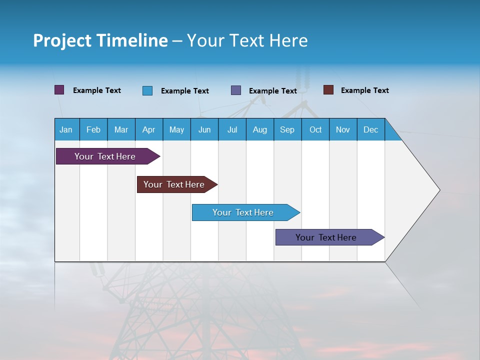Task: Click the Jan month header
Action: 66,129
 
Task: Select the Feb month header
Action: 93,129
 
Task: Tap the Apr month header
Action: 148,129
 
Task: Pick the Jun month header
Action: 204,129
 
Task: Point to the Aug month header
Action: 260,129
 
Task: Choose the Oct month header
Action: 315,129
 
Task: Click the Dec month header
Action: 371,129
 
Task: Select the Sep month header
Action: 287,129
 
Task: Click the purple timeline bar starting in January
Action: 105,156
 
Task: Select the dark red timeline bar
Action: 174,184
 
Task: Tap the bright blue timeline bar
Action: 243,212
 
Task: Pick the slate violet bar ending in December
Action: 326,237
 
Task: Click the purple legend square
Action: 59,90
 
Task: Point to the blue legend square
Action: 147,90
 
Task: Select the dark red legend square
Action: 328,90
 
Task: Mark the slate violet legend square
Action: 236,90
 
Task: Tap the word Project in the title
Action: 62,40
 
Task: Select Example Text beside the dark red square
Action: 364,90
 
